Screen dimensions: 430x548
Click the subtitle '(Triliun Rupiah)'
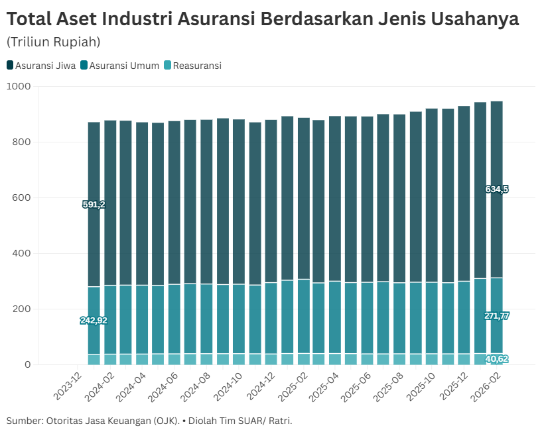click(x=53, y=42)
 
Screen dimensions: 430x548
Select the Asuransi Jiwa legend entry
click(x=41, y=66)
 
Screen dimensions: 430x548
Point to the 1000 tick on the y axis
click(x=19, y=86)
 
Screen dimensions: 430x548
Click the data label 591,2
click(x=94, y=204)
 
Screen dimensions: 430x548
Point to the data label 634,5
click(x=497, y=189)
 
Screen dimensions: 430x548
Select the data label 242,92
click(x=94, y=321)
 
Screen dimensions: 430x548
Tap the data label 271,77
click(x=497, y=316)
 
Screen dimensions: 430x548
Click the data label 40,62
click(x=497, y=359)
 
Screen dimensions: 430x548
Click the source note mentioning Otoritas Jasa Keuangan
click(x=149, y=421)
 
